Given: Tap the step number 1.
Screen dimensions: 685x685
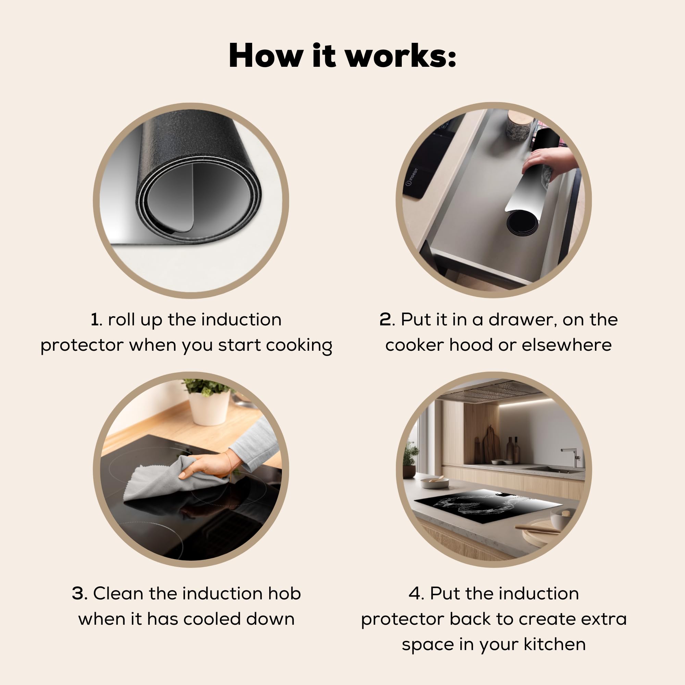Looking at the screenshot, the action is point(95,320).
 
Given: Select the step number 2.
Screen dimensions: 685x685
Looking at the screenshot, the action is point(385,320).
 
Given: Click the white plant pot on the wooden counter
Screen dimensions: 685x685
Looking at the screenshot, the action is point(209,407).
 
